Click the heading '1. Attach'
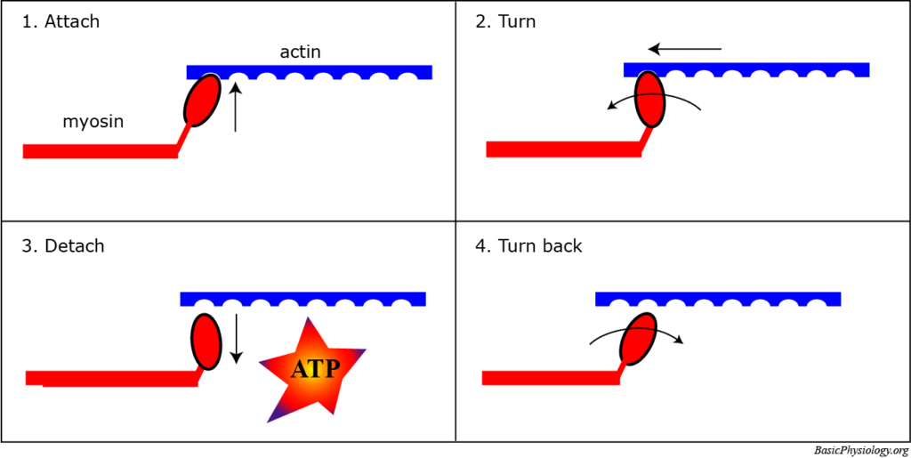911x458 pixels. coord(60,21)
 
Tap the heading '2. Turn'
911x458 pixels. coord(505,21)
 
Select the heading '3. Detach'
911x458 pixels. coord(62,245)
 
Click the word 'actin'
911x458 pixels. coord(300,52)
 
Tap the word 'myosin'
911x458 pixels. coord(93,122)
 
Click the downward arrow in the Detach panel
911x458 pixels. coord(236,338)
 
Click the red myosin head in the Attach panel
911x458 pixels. coord(203,100)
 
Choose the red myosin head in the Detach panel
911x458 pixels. coord(206,341)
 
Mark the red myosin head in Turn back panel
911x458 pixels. coord(638,339)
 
